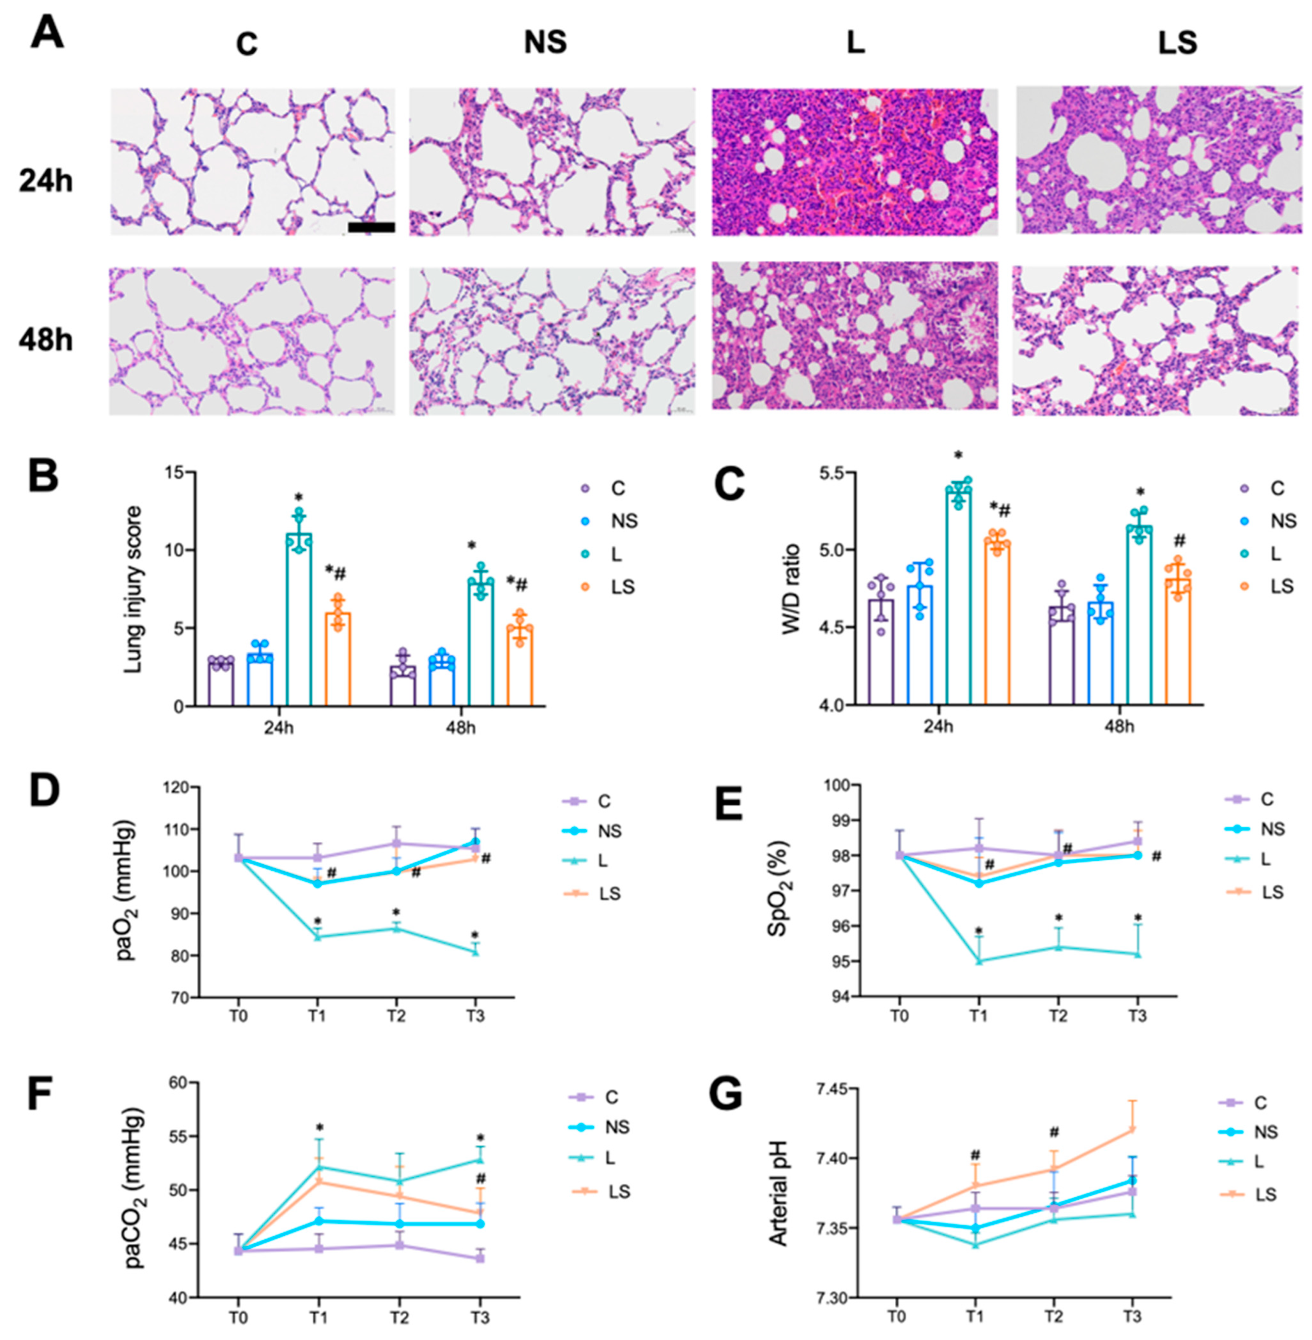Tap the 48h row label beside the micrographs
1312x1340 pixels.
pyautogui.click(x=46, y=341)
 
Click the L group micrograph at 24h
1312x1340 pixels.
pyautogui.click(x=854, y=162)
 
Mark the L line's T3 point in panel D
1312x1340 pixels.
pyautogui.click(x=476, y=952)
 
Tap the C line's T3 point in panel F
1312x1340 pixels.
pyautogui.click(x=480, y=1258)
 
